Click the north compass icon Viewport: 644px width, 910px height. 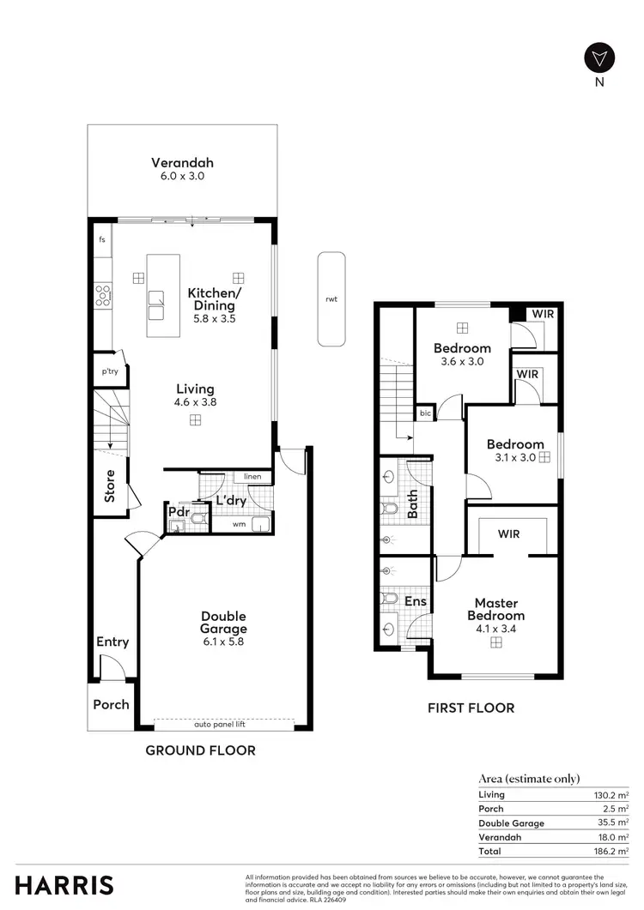[598, 58]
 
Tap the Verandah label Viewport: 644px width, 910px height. [182, 162]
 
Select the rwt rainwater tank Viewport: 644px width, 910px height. [331, 298]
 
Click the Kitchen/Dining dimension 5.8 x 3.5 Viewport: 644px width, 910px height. [215, 318]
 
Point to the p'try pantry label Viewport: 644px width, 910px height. [110, 372]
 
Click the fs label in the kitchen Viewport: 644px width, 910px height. [102, 239]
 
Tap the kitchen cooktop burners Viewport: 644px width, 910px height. [103, 296]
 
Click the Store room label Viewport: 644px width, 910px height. [110, 485]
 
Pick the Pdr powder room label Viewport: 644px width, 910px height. [179, 513]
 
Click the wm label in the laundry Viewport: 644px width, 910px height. [238, 523]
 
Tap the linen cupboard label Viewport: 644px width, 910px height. [252, 476]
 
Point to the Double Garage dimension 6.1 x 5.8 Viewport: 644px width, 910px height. [223, 641]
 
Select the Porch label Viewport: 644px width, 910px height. [111, 704]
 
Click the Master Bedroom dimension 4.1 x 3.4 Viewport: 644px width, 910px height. [495, 628]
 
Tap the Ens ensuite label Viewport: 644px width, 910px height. [416, 602]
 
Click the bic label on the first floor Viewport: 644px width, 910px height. [425, 413]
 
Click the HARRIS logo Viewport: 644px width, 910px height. [64, 885]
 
